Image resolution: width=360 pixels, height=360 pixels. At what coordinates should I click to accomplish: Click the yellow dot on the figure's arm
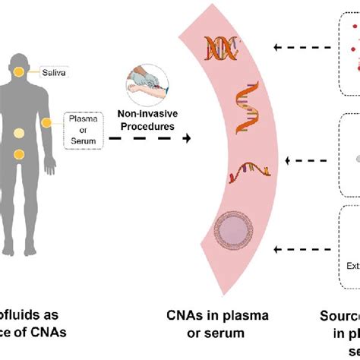(47, 123)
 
